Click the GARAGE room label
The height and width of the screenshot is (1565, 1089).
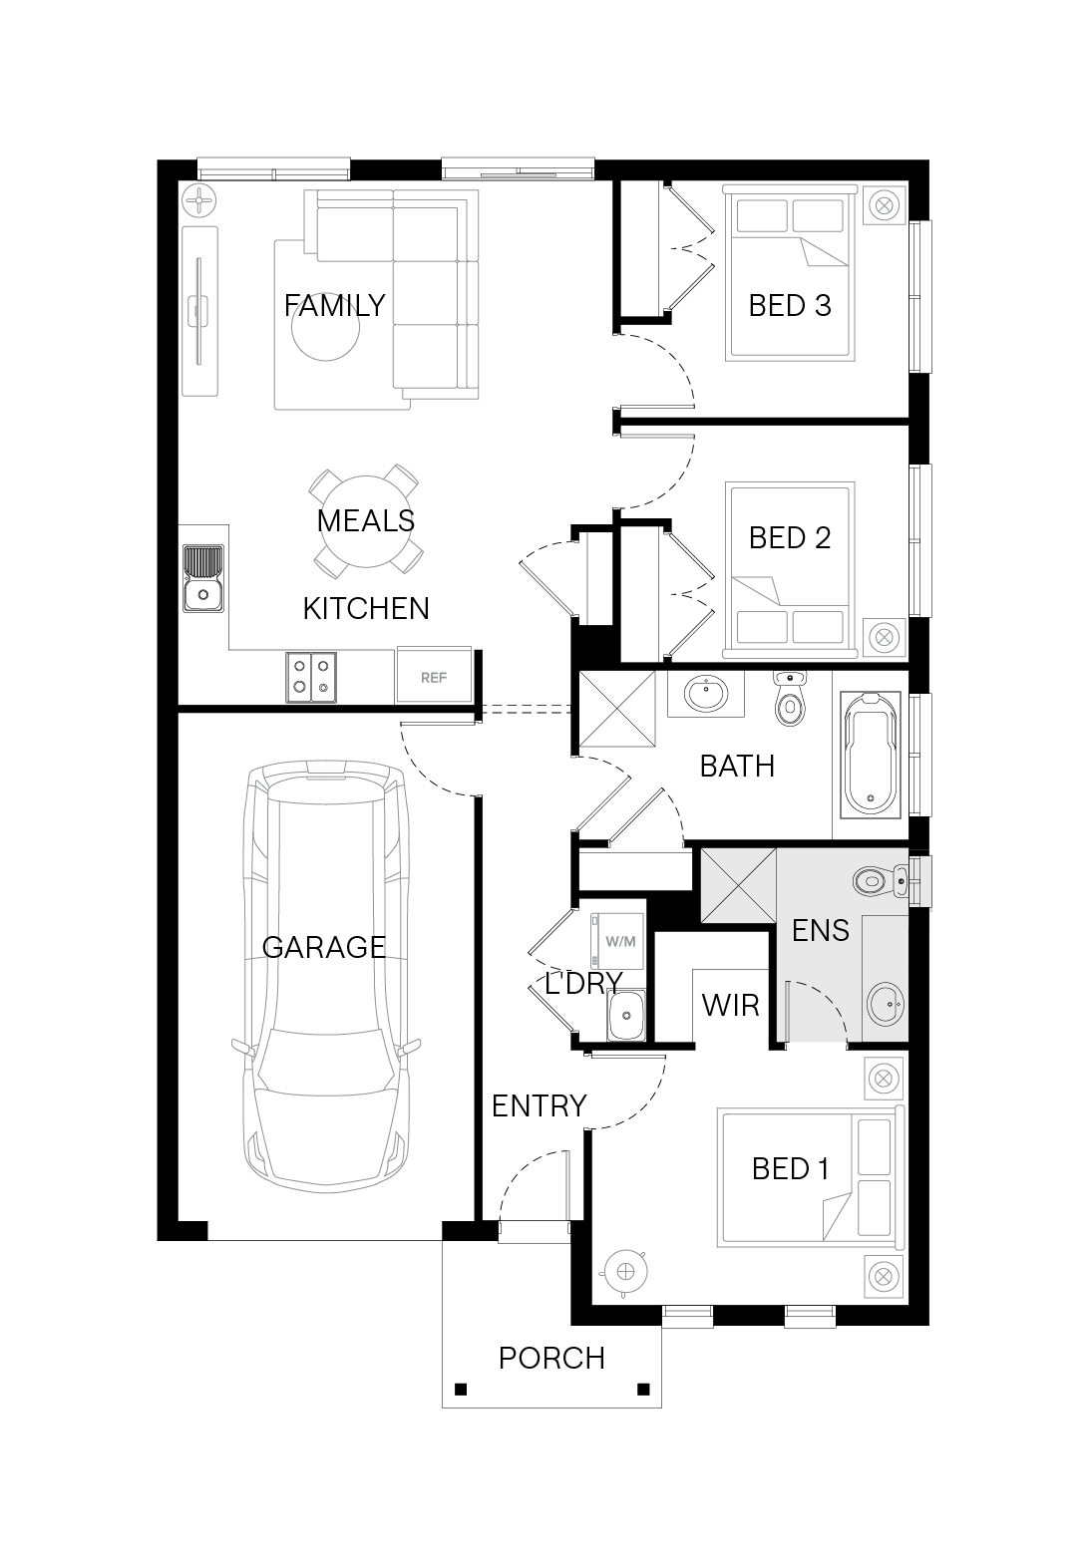[x=324, y=947]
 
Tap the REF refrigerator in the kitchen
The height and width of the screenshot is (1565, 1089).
[x=434, y=675]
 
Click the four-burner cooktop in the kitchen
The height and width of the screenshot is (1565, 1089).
[x=311, y=677]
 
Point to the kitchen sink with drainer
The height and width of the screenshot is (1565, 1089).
[x=203, y=579]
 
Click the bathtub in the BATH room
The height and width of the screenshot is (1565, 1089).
[x=871, y=754]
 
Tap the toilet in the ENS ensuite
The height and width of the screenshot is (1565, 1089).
[x=881, y=881]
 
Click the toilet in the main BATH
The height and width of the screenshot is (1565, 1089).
[x=790, y=699]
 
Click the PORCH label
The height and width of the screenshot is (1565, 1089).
[x=551, y=1359]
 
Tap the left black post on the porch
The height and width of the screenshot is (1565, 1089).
[x=461, y=1389]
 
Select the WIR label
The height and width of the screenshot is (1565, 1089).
[x=730, y=1006]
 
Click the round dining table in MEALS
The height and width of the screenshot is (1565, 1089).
[x=366, y=521]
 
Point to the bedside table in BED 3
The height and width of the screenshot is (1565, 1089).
[x=885, y=206]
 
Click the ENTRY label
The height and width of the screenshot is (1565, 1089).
[x=539, y=1106]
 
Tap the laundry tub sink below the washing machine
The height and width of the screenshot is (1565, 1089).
[x=625, y=1015]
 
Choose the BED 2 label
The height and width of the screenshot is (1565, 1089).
[x=790, y=538]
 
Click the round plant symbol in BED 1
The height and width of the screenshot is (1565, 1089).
[x=625, y=1272]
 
